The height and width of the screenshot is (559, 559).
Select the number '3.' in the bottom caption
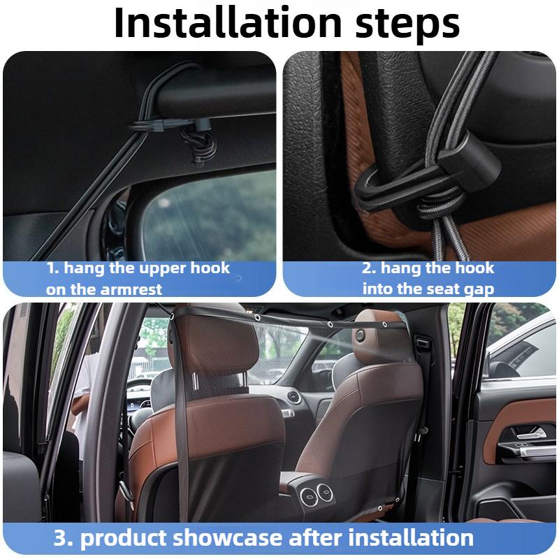[x=65, y=538]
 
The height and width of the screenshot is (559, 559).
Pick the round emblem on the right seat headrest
[x=360, y=335]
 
